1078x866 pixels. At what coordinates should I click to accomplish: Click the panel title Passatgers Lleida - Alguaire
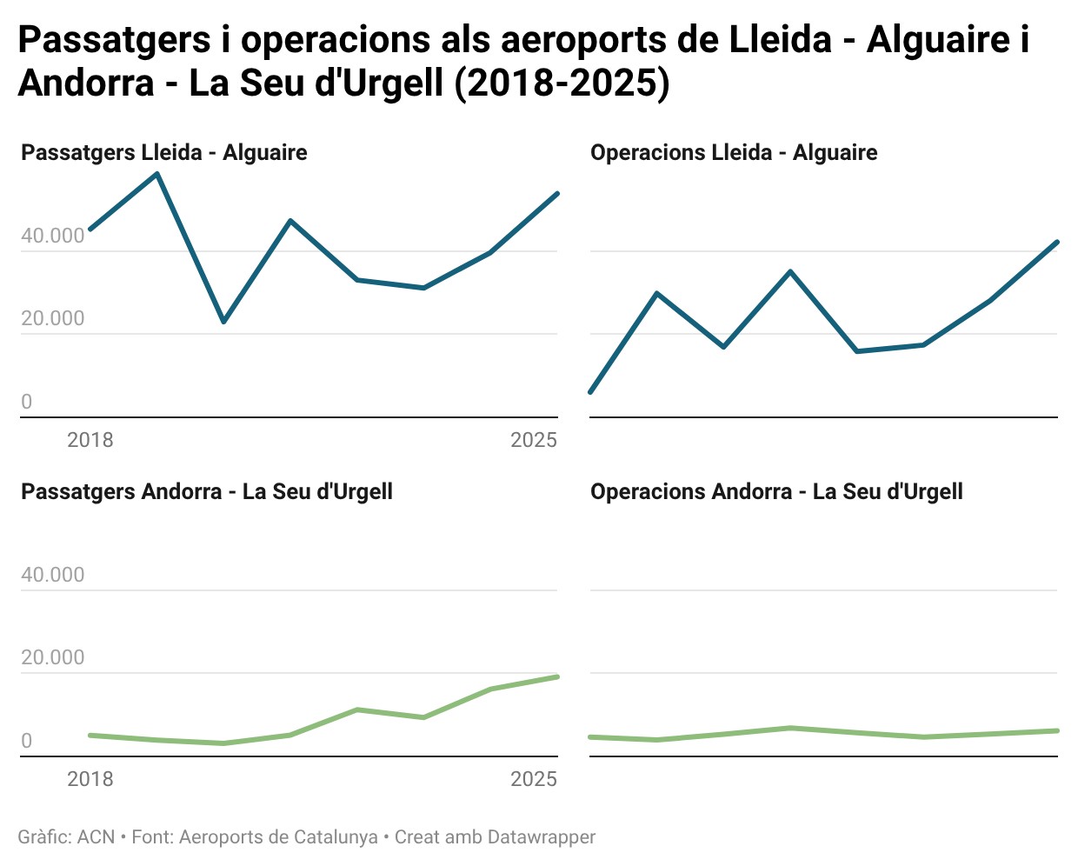(163, 153)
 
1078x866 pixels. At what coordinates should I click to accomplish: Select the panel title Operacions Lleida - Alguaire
(733, 153)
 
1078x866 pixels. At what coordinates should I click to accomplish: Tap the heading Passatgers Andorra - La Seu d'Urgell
(206, 492)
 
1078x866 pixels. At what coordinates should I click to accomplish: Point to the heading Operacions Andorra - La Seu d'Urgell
(775, 492)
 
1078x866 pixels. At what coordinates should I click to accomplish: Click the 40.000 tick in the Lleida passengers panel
(53, 236)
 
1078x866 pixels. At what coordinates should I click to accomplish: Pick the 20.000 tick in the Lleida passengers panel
(53, 318)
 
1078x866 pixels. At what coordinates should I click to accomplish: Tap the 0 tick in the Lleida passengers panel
(27, 402)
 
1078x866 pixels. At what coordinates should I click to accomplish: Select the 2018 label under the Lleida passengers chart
(90, 440)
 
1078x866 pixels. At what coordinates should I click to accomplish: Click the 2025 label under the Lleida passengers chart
(533, 440)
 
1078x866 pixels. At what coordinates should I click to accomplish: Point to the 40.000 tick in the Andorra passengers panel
(53, 575)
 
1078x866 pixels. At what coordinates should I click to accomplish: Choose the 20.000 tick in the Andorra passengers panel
(53, 657)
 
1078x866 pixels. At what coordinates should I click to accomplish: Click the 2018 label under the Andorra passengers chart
(90, 779)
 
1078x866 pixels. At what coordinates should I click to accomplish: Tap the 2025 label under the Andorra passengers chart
(533, 779)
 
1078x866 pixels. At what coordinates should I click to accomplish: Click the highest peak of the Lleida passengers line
(156, 174)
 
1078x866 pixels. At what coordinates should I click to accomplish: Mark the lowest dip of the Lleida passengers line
(223, 322)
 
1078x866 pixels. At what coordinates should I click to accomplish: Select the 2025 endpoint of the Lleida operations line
(1056, 242)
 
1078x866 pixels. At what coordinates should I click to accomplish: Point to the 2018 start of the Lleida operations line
(591, 392)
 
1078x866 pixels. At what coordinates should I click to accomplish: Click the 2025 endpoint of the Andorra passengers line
(556, 676)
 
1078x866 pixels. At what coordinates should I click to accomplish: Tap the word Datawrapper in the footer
(542, 837)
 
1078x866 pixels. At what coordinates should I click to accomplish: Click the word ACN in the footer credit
(96, 837)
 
